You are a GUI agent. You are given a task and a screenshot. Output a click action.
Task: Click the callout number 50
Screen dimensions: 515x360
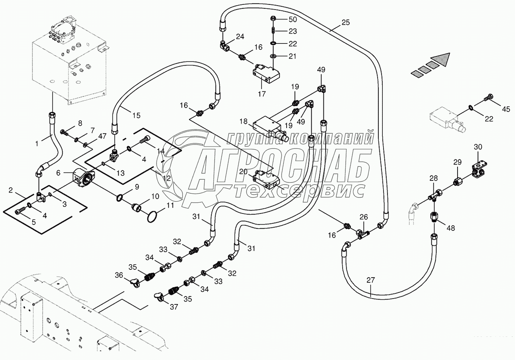[292, 19]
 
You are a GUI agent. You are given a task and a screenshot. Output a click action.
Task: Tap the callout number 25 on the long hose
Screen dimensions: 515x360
[346, 22]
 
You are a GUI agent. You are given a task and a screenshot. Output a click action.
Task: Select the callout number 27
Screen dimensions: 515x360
[371, 280]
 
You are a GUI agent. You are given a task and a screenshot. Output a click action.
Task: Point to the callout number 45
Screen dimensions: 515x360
[506, 109]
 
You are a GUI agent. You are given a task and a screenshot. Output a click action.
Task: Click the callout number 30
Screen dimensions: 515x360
[478, 147]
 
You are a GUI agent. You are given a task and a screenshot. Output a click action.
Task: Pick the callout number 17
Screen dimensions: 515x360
[262, 94]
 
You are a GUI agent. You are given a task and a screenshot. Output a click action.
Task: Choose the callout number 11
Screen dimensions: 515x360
[170, 205]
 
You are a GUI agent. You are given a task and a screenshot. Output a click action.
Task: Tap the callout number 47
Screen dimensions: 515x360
[102, 136]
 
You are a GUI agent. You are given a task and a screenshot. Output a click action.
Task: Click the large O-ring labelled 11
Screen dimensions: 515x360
[152, 217]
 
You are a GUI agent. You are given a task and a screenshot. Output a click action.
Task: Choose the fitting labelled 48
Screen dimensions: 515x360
[434, 217]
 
